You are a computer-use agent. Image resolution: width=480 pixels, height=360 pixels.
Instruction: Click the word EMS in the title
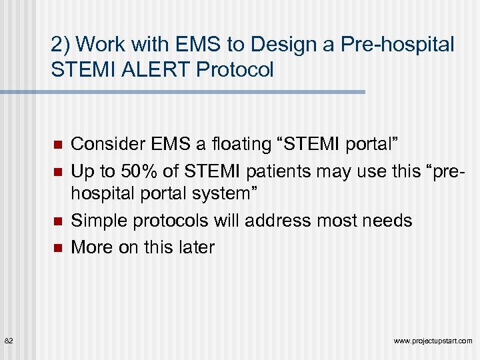click(x=195, y=45)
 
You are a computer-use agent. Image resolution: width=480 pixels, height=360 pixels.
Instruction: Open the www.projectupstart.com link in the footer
click(x=433, y=341)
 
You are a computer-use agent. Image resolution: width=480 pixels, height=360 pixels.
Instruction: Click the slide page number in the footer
click(x=9, y=341)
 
